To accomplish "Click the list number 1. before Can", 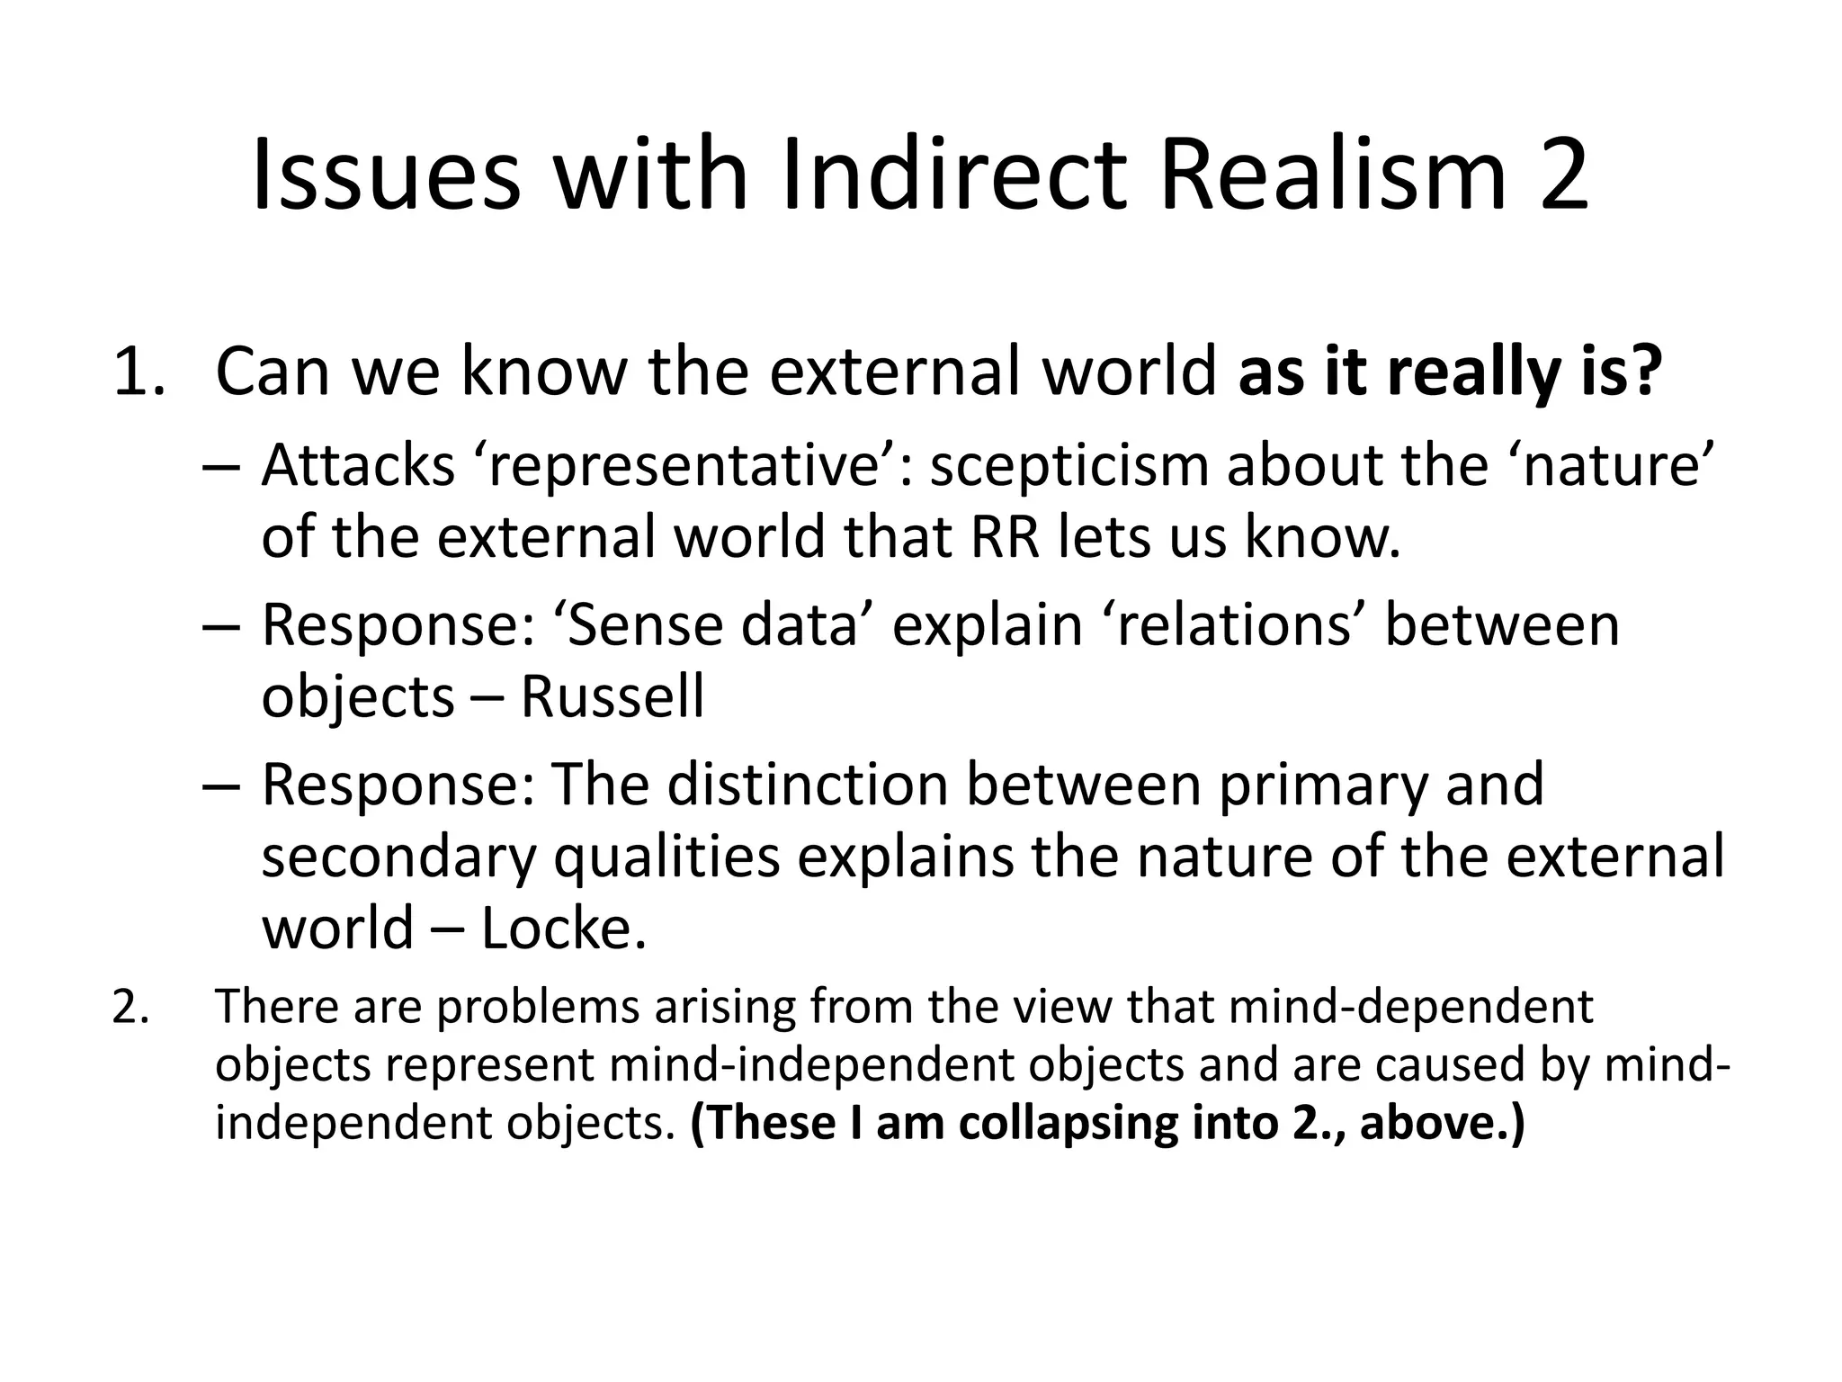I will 139,372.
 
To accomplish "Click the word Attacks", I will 358,466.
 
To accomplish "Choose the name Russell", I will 613,696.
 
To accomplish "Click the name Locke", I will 563,929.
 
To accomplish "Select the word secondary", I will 398,857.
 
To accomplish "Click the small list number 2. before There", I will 131,1007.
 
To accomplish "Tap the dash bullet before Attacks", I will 221,466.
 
